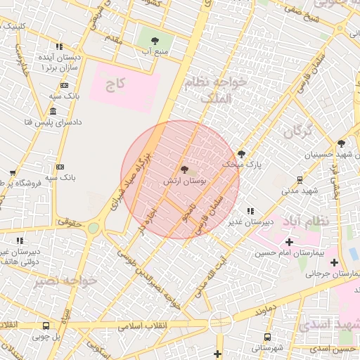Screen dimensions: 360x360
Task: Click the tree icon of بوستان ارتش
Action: (184, 169)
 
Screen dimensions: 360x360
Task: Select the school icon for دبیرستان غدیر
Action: (250, 211)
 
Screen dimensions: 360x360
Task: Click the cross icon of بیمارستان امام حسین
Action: (289, 242)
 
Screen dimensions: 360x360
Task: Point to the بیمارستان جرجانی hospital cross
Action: (334, 262)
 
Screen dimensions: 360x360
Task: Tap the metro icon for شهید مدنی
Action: (300, 180)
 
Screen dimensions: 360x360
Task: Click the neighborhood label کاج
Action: (115, 85)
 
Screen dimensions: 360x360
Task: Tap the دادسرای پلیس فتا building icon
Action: (53, 112)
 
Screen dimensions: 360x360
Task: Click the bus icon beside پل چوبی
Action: (46, 326)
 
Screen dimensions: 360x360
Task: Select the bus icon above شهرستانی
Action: (266, 337)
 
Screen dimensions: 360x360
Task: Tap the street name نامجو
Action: (185, 210)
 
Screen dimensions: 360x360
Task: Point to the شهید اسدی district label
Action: (327, 323)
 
